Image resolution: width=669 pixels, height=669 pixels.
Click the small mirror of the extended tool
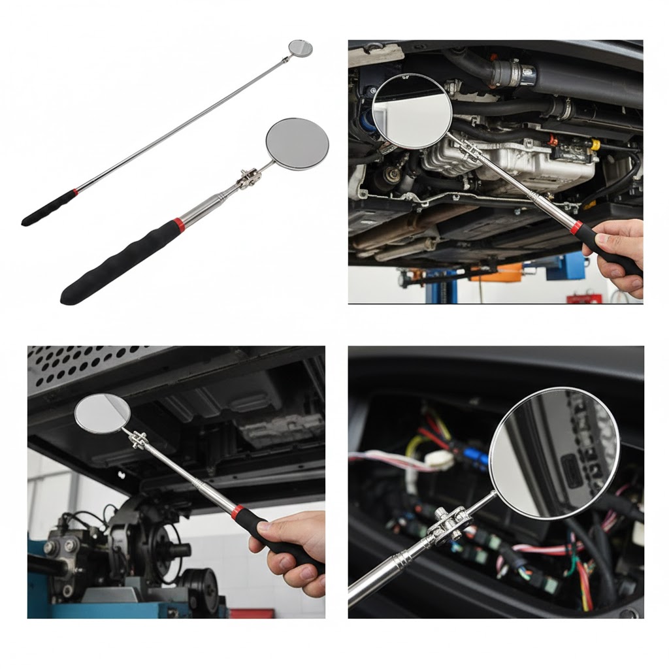[301, 48]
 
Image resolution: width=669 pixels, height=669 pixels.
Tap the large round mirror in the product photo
[297, 144]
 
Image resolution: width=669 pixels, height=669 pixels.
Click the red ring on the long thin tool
[75, 193]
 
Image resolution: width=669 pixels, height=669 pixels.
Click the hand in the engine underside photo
[617, 252]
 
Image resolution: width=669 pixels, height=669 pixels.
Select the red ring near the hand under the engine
[576, 228]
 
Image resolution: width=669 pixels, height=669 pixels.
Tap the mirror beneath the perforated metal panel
[103, 414]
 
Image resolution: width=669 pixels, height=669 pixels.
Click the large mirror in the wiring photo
[554, 453]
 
